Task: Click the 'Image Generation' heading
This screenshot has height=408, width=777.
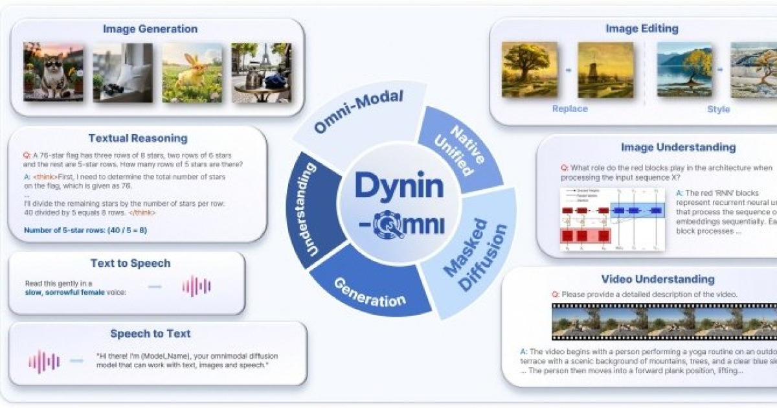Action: coord(150,29)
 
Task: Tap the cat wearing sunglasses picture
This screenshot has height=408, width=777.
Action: coord(53,72)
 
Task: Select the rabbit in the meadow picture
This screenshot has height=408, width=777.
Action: coord(192,72)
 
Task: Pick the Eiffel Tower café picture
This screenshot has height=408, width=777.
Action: coord(262,72)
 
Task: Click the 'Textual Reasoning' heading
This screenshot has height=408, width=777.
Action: coord(137,138)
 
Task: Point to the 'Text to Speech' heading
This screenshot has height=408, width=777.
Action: coord(130,263)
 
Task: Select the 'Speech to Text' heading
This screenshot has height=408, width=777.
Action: coord(150,334)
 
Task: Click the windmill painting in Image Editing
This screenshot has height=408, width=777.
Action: coord(605,70)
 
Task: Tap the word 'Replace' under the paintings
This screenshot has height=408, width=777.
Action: coord(570,109)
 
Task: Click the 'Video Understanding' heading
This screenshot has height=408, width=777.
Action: coord(658,279)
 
